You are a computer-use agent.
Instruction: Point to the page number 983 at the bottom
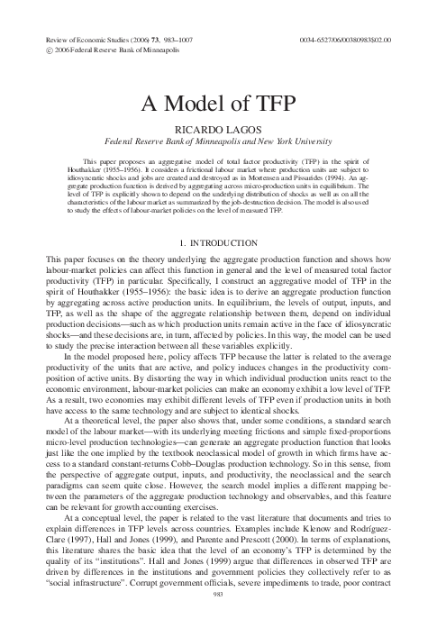[218, 619]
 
